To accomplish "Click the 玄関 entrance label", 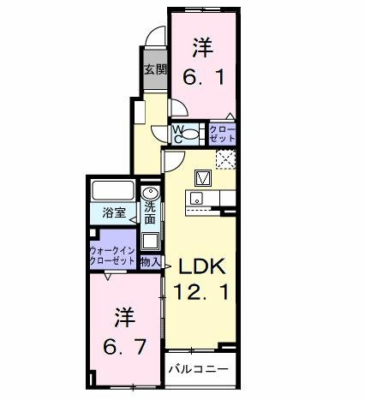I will pyautogui.click(x=153, y=70).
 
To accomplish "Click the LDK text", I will pyautogui.click(x=203, y=266).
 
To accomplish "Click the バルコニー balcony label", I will pyautogui.click(x=197, y=369).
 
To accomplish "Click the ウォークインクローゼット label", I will pyautogui.click(x=112, y=256).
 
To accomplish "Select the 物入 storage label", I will pyautogui.click(x=150, y=260).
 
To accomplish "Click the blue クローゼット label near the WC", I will pyautogui.click(x=221, y=133).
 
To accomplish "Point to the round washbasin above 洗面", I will pyautogui.click(x=150, y=192).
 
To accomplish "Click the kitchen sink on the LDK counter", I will pyautogui.click(x=197, y=199).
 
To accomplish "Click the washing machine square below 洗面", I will pyautogui.click(x=150, y=240).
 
